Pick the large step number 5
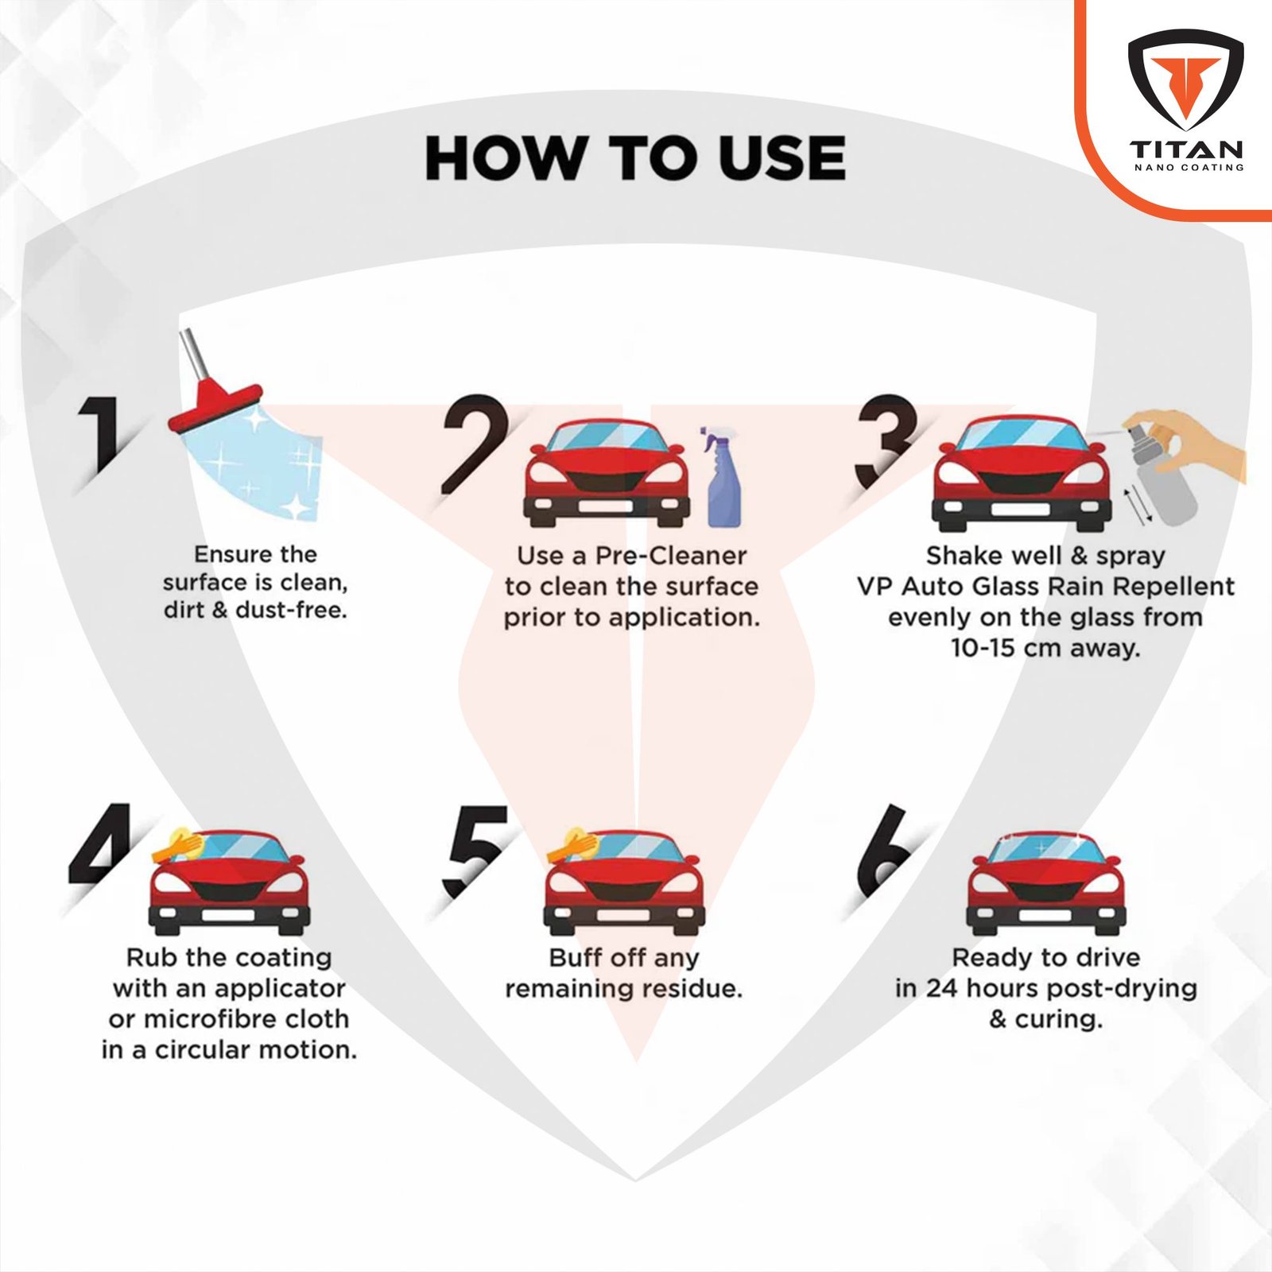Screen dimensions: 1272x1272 click(x=475, y=851)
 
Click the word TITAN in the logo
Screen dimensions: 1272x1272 click(x=1187, y=149)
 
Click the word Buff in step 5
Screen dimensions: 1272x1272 click(x=574, y=957)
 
